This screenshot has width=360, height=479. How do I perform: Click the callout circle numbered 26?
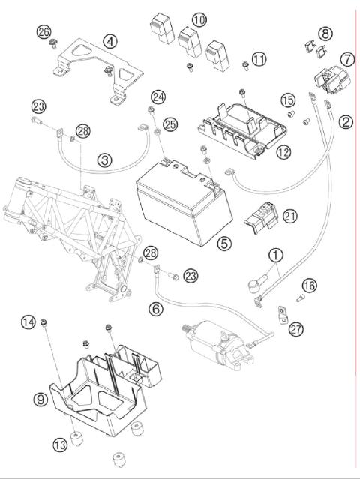43,31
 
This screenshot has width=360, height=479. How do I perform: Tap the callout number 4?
110,41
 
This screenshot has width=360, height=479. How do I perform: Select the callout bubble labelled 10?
199,20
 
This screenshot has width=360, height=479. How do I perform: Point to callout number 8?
325,33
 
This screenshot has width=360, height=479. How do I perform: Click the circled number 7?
347,59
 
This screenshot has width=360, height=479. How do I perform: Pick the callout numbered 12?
283,152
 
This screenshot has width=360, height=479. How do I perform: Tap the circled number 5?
224,244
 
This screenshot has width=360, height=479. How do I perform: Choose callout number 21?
290,217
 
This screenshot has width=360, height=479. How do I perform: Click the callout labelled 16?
310,286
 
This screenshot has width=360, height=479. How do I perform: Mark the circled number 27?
296,329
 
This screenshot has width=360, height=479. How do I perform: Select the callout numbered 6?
156,309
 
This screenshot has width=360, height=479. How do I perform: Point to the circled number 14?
28,322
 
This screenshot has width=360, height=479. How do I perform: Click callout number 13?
60,445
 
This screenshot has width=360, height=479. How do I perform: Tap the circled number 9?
40,400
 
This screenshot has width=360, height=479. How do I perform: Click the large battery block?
183,203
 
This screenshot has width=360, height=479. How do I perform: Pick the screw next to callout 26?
54,43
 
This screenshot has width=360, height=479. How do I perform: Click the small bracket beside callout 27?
283,315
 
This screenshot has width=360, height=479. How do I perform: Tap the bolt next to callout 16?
301,298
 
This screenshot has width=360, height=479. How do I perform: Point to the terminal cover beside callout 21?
261,217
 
